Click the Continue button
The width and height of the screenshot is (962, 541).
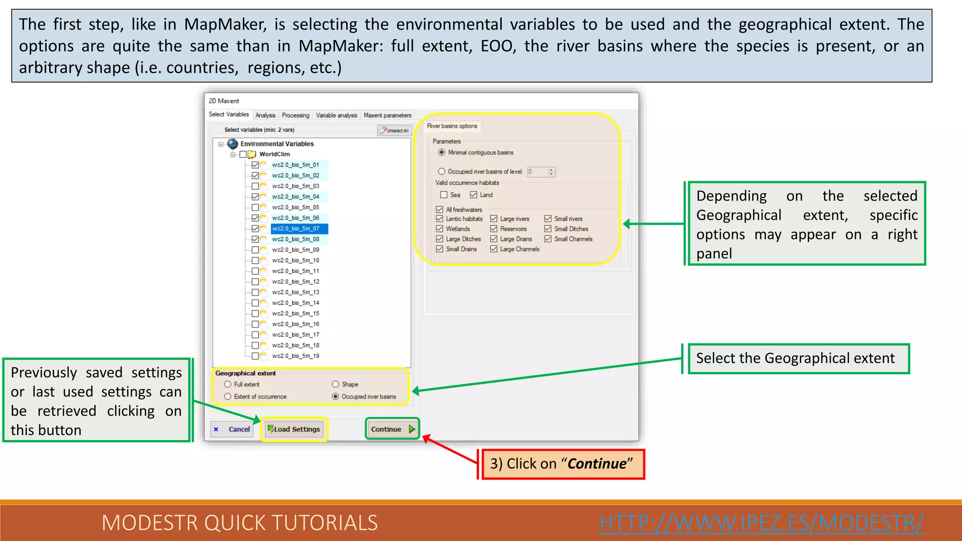[392, 429]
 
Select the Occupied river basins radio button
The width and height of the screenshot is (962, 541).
[335, 396]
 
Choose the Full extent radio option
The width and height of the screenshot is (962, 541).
[228, 384]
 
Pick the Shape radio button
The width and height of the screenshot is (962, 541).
[335, 384]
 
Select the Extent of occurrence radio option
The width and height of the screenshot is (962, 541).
[228, 396]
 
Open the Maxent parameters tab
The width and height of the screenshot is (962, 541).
[387, 115]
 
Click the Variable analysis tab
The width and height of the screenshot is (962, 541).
[336, 115]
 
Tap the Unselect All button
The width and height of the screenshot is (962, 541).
[395, 130]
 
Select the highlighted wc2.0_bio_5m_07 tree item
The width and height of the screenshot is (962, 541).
[296, 229]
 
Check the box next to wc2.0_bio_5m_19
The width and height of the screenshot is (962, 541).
[255, 356]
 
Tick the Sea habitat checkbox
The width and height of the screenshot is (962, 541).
[443, 195]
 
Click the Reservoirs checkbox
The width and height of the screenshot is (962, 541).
[494, 229]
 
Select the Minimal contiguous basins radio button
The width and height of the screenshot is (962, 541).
[442, 153]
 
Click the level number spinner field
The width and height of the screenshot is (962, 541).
[537, 172]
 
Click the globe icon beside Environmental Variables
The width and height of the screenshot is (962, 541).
[233, 144]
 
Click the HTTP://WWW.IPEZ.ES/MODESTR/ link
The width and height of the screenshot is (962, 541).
[761, 523]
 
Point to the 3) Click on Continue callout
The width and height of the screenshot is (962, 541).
[561, 464]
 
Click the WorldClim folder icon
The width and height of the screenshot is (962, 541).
[252, 154]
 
